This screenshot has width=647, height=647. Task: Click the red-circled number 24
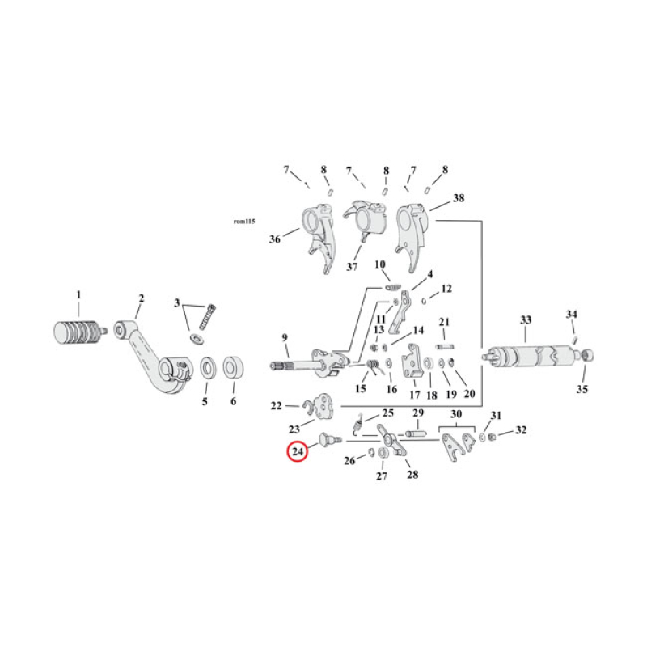click(298, 453)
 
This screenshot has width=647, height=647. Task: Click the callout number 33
click(526, 321)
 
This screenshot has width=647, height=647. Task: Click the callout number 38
click(459, 198)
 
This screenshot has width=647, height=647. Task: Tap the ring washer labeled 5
click(206, 369)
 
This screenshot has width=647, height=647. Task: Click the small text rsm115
click(244, 221)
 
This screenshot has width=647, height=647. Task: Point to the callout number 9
click(285, 337)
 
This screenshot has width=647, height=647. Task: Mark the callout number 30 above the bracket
click(457, 414)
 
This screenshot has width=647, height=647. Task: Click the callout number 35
click(583, 389)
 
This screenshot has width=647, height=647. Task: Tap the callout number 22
click(276, 405)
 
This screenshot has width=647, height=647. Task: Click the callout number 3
click(177, 303)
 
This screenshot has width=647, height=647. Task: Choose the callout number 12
click(446, 289)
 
